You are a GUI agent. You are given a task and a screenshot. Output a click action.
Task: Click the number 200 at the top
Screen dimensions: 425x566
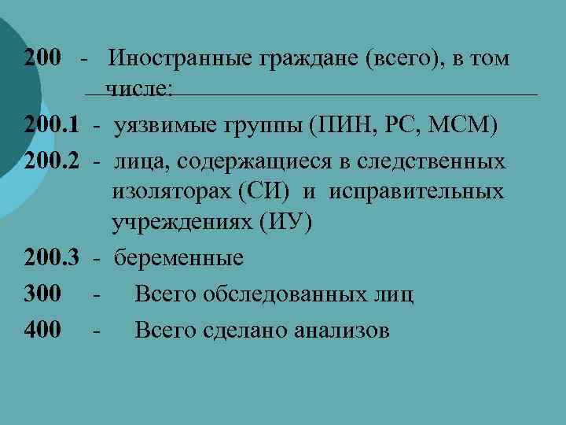(42, 58)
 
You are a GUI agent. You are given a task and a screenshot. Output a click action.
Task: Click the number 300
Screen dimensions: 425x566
(42, 294)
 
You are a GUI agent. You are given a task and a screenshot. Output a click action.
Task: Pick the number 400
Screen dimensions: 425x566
(42, 330)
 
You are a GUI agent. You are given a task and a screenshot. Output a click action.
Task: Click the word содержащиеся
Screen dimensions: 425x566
(260, 161)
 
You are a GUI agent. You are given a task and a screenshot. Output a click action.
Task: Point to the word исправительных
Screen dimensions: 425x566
(415, 193)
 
